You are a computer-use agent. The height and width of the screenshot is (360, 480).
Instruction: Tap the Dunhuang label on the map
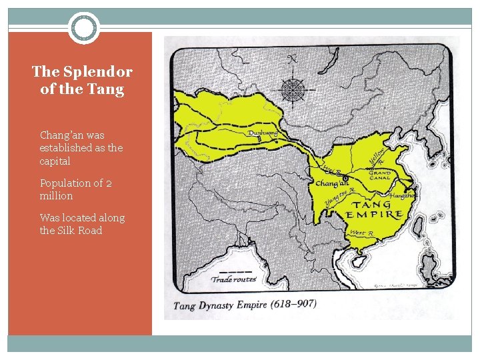click(x=263, y=133)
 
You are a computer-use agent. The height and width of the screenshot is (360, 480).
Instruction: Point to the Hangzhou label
click(x=403, y=195)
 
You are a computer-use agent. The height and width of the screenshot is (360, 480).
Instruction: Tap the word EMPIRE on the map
click(x=374, y=215)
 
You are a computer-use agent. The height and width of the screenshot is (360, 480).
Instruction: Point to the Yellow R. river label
click(x=377, y=157)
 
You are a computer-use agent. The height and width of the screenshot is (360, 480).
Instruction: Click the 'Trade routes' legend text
click(x=233, y=279)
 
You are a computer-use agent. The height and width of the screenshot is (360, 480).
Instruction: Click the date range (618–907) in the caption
click(x=293, y=304)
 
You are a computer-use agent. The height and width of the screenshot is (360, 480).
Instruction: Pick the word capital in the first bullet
click(x=55, y=161)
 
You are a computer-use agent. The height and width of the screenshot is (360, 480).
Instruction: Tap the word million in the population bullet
click(x=57, y=196)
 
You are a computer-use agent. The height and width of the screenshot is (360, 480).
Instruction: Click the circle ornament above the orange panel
click(x=84, y=29)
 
